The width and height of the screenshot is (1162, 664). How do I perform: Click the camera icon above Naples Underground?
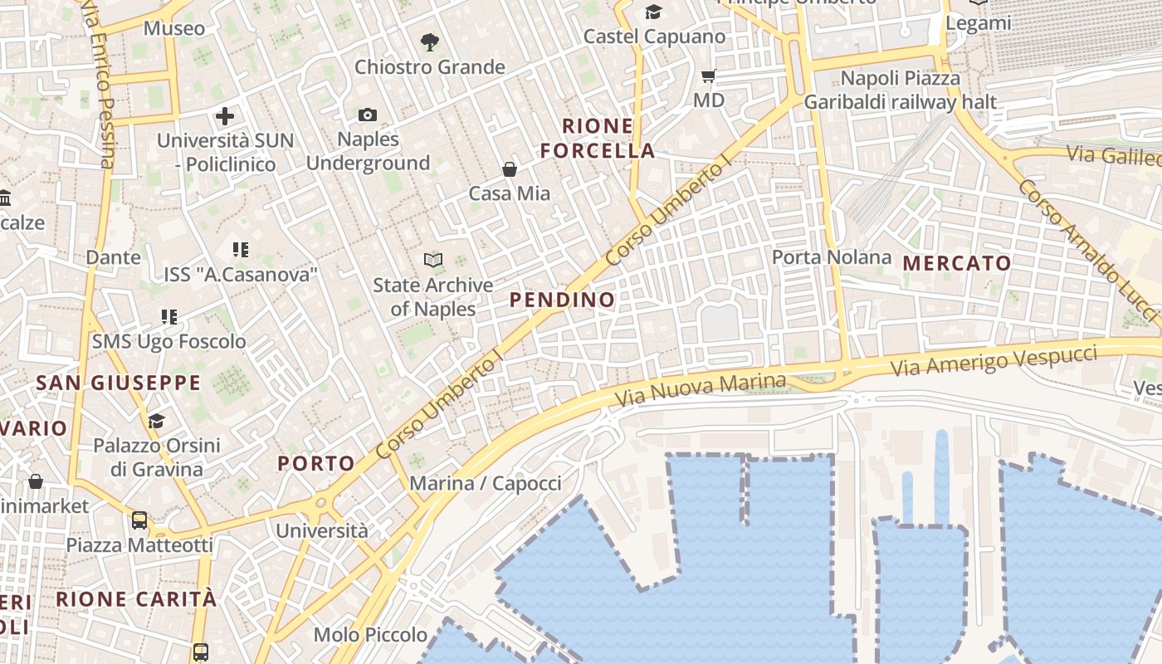click(368, 115)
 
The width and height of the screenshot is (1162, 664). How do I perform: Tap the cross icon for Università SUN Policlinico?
click(224, 116)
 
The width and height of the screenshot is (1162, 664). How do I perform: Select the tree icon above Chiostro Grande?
click(429, 41)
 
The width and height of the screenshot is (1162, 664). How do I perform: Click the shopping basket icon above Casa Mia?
click(510, 169)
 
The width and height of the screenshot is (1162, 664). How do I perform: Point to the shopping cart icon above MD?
click(708, 76)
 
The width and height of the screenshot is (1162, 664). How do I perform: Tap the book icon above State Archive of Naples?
click(432, 260)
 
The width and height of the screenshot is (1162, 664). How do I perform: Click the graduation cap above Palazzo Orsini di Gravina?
click(156, 421)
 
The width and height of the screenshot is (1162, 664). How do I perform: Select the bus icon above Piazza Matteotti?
click(139, 520)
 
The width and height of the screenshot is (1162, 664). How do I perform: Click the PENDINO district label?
click(562, 300)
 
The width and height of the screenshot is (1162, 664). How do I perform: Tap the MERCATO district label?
click(957, 264)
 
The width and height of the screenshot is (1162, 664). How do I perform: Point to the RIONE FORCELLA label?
click(598, 139)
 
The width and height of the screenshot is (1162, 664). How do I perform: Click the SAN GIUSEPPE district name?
click(118, 383)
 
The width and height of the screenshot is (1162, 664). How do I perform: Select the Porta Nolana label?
click(832, 257)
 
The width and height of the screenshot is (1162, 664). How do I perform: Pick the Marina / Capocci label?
click(486, 483)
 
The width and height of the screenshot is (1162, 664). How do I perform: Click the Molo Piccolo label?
click(370, 635)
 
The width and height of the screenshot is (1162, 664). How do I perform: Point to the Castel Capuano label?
click(654, 37)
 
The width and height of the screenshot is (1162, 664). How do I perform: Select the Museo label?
click(174, 28)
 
